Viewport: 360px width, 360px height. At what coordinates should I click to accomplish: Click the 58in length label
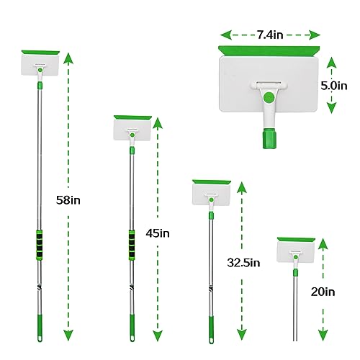(x=68, y=200)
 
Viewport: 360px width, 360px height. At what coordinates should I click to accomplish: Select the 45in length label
(x=158, y=233)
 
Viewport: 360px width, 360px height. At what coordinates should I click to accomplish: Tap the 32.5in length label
(x=243, y=263)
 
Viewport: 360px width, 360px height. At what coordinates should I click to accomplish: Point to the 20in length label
(x=323, y=292)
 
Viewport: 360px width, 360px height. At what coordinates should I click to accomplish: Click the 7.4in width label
(x=270, y=35)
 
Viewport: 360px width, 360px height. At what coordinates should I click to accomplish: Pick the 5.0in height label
(x=334, y=86)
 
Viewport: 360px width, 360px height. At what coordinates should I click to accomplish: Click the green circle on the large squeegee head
(x=269, y=97)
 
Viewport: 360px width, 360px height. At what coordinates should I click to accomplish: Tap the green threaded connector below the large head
(x=269, y=138)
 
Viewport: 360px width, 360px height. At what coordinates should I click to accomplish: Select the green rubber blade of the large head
(x=269, y=51)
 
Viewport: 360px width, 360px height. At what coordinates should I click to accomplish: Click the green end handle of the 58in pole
(x=40, y=328)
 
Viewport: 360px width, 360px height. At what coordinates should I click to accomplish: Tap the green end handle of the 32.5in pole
(x=211, y=330)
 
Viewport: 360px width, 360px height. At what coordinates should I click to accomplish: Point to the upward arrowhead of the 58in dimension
(x=68, y=58)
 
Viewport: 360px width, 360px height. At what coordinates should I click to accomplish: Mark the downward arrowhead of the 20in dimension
(x=323, y=336)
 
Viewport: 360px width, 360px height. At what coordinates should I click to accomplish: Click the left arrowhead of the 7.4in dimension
(x=226, y=35)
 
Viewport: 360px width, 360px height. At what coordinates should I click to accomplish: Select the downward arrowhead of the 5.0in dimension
(x=332, y=108)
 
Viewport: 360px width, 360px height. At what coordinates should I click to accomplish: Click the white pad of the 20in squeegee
(x=295, y=251)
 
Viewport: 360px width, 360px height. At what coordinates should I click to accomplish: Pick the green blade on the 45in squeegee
(x=132, y=118)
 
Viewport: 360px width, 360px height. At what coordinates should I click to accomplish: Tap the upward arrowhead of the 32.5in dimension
(x=242, y=187)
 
